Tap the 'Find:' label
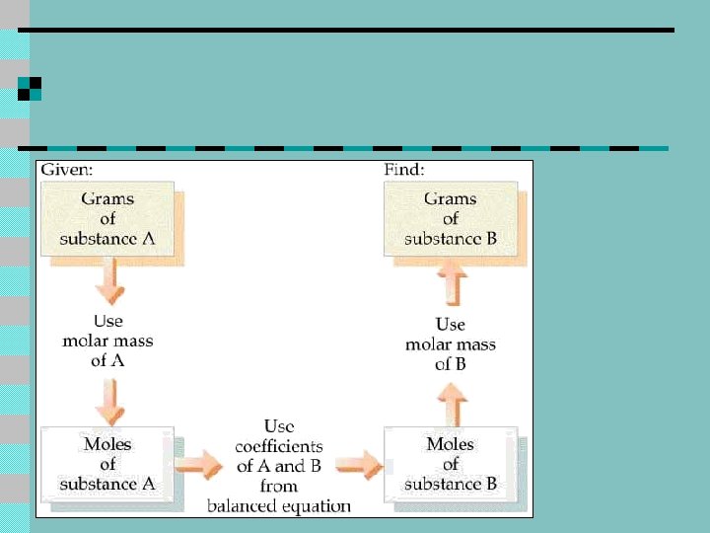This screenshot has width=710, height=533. [x=404, y=170]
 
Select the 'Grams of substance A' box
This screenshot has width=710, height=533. [x=107, y=218]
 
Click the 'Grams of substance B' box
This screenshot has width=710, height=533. [x=451, y=218]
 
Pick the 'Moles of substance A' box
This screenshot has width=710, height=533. [x=107, y=464]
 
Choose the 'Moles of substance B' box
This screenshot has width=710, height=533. [x=451, y=464]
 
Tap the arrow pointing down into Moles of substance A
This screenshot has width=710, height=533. [x=108, y=402]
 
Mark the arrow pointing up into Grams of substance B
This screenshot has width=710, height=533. [x=450, y=286]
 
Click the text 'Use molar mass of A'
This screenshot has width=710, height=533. [x=107, y=341]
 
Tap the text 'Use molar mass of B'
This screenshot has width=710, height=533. [x=450, y=343]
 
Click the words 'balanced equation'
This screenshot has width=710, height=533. [x=279, y=506]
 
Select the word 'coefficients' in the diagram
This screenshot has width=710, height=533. [x=279, y=446]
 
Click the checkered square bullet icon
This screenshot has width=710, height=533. [x=30, y=88]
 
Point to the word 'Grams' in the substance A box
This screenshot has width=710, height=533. [x=107, y=198]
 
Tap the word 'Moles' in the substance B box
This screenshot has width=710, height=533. [x=451, y=444]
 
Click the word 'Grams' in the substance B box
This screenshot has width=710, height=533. [x=451, y=198]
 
